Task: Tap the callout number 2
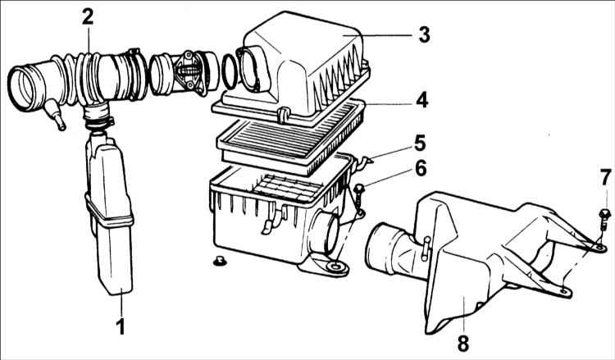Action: click(88, 16)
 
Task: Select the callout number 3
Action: click(424, 34)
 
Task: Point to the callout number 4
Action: click(422, 100)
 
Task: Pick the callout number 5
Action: click(420, 144)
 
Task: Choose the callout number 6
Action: click(421, 169)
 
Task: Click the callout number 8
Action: click(463, 344)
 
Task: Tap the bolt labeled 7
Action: click(604, 219)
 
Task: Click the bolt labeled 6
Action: click(359, 196)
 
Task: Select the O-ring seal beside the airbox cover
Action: click(230, 72)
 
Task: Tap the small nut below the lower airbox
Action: click(220, 261)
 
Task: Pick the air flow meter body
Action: click(184, 74)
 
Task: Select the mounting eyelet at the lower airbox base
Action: click(335, 267)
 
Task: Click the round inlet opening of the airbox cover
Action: click(249, 69)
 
